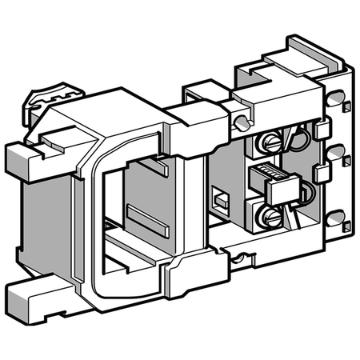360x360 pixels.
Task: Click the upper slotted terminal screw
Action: pyautogui.click(x=270, y=146)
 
